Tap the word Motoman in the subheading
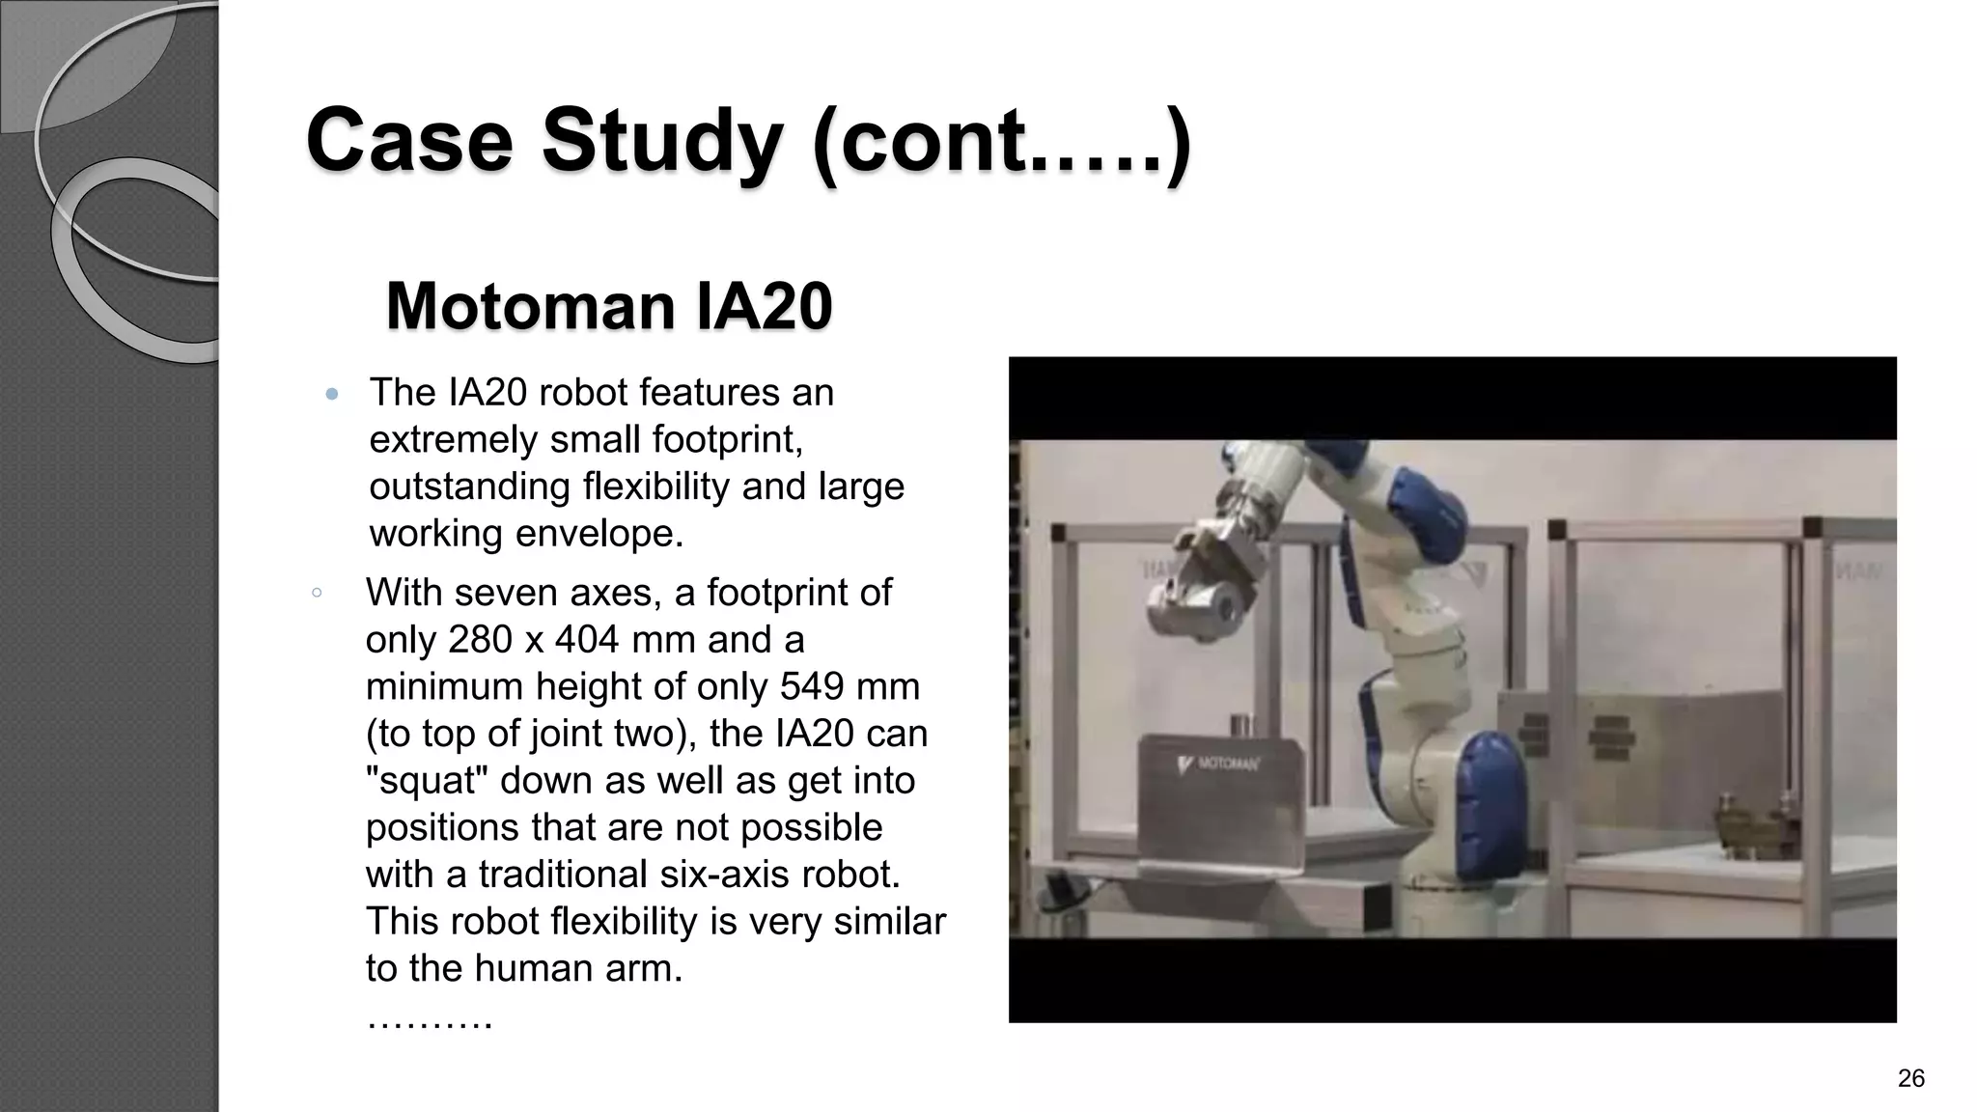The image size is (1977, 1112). tap(530, 307)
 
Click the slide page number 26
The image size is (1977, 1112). tap(1910, 1078)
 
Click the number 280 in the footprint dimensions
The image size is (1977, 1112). tap(481, 640)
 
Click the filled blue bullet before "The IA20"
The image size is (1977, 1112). tap(332, 394)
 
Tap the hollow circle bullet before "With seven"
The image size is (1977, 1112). tap(317, 593)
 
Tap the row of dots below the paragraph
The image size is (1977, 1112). tap(430, 1019)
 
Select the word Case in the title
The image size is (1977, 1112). tap(409, 142)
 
